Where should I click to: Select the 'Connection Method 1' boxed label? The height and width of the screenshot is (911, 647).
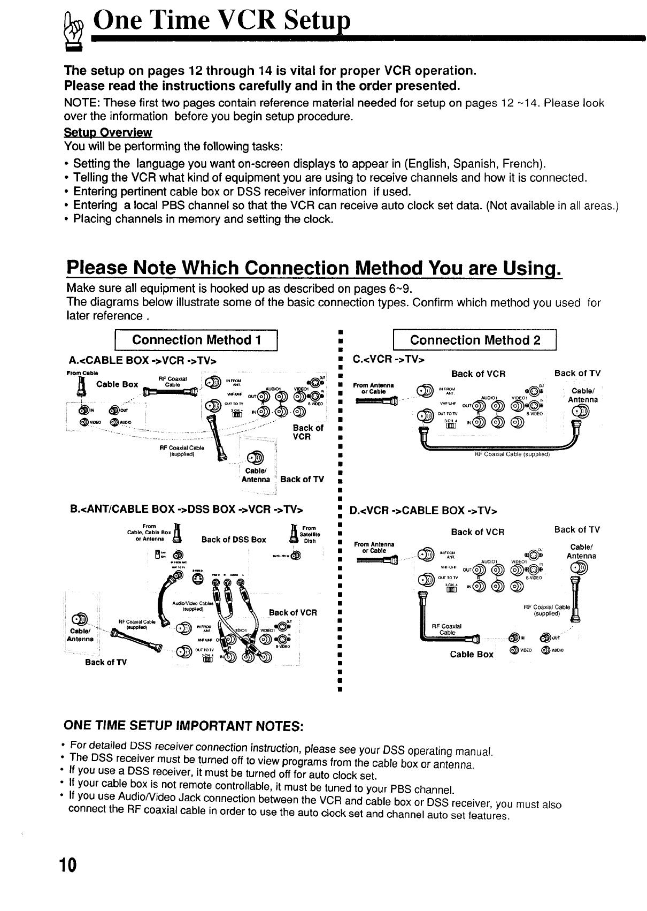(197, 340)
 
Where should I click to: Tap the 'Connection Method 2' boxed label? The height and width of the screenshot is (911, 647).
(475, 340)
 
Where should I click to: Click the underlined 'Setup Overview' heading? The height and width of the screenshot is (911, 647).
(108, 132)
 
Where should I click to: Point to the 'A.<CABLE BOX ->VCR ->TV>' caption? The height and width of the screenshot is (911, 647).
(142, 359)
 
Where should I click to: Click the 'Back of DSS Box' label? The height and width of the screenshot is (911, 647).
(234, 540)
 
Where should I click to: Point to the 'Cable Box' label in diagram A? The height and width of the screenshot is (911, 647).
(117, 384)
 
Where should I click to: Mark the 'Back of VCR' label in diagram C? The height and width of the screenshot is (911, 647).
(478, 374)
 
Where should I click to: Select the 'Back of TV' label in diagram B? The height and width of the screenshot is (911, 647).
(106, 662)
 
